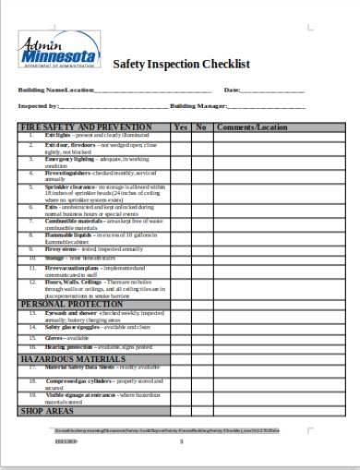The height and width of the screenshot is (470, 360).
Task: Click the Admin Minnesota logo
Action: click(x=55, y=54)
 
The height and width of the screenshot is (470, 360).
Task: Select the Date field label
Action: click(x=232, y=90)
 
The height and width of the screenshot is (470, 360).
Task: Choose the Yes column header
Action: click(x=181, y=127)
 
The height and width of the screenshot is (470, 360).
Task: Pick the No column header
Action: click(x=200, y=127)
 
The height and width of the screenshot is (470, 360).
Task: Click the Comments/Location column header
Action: click(x=252, y=127)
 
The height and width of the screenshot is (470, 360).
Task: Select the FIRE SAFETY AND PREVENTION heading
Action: click(x=86, y=127)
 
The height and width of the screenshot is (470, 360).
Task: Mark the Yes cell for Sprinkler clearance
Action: click(x=181, y=192)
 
